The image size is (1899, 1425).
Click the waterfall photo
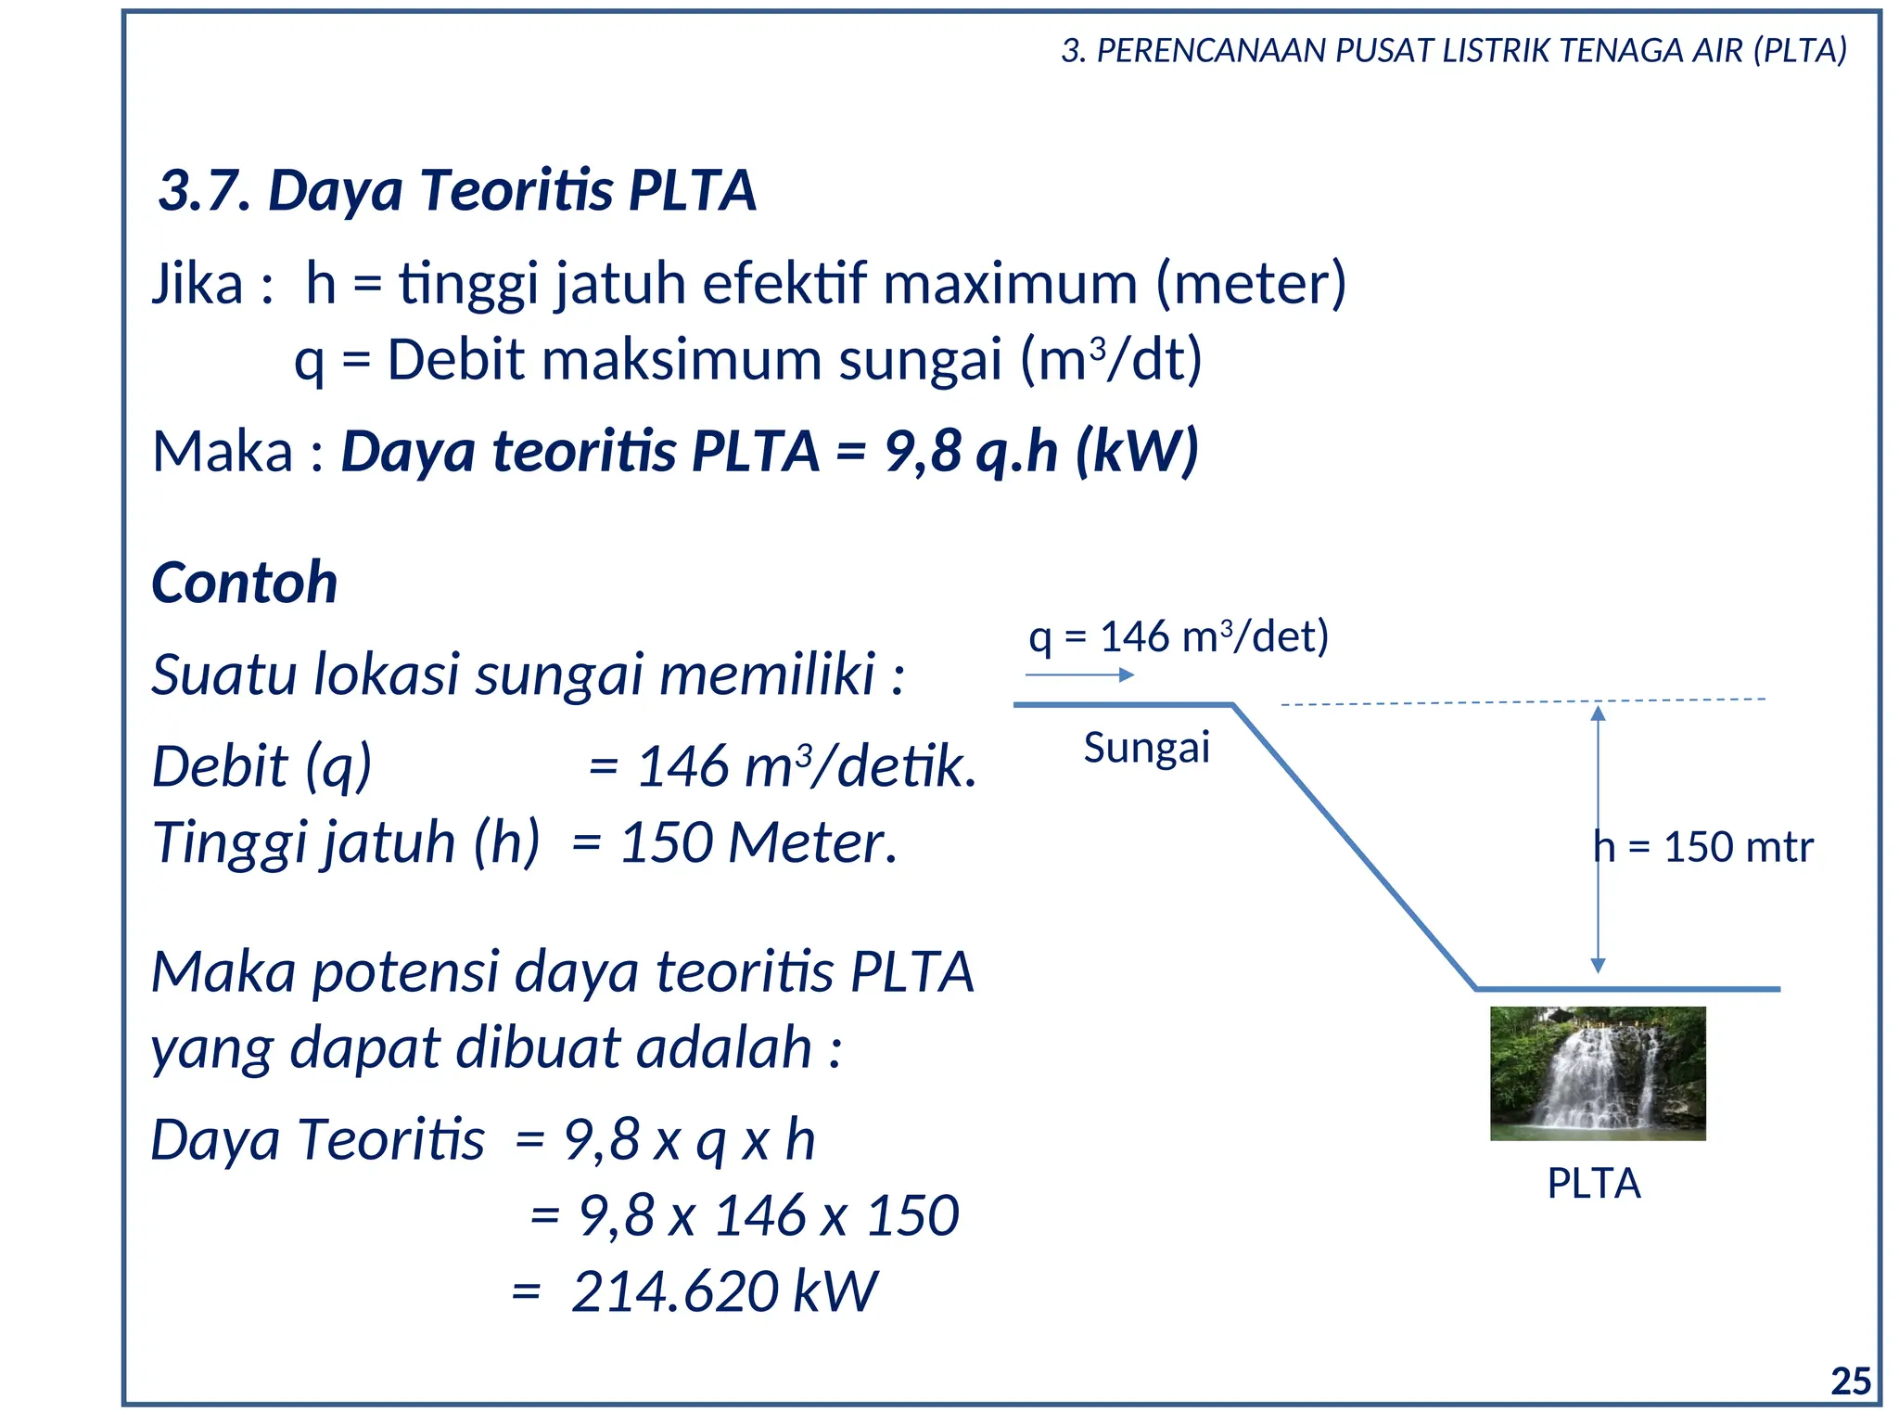[x=1597, y=1073]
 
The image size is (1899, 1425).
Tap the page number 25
[x=1851, y=1382]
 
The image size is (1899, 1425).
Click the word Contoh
[x=244, y=584]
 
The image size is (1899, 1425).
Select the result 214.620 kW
[x=723, y=1291]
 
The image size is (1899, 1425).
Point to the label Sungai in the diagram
[x=1146, y=748]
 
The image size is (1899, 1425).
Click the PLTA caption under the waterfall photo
[x=1594, y=1184]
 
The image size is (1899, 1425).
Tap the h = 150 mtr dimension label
[x=1702, y=847]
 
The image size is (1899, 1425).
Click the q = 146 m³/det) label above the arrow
[x=1178, y=637]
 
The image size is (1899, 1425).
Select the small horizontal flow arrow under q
[x=1079, y=674]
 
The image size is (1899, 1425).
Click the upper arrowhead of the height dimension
[x=1598, y=713]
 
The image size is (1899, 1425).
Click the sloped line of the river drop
[x=1354, y=846]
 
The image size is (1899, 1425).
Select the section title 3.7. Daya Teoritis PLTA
[x=457, y=191]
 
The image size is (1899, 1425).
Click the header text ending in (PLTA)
[x=1454, y=51]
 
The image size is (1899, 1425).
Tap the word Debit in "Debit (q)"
[x=220, y=767]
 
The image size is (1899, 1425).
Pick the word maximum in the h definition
[x=1010, y=284]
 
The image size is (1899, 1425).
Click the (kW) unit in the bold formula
[x=1137, y=452]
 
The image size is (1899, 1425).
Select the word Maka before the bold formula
[x=223, y=452]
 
